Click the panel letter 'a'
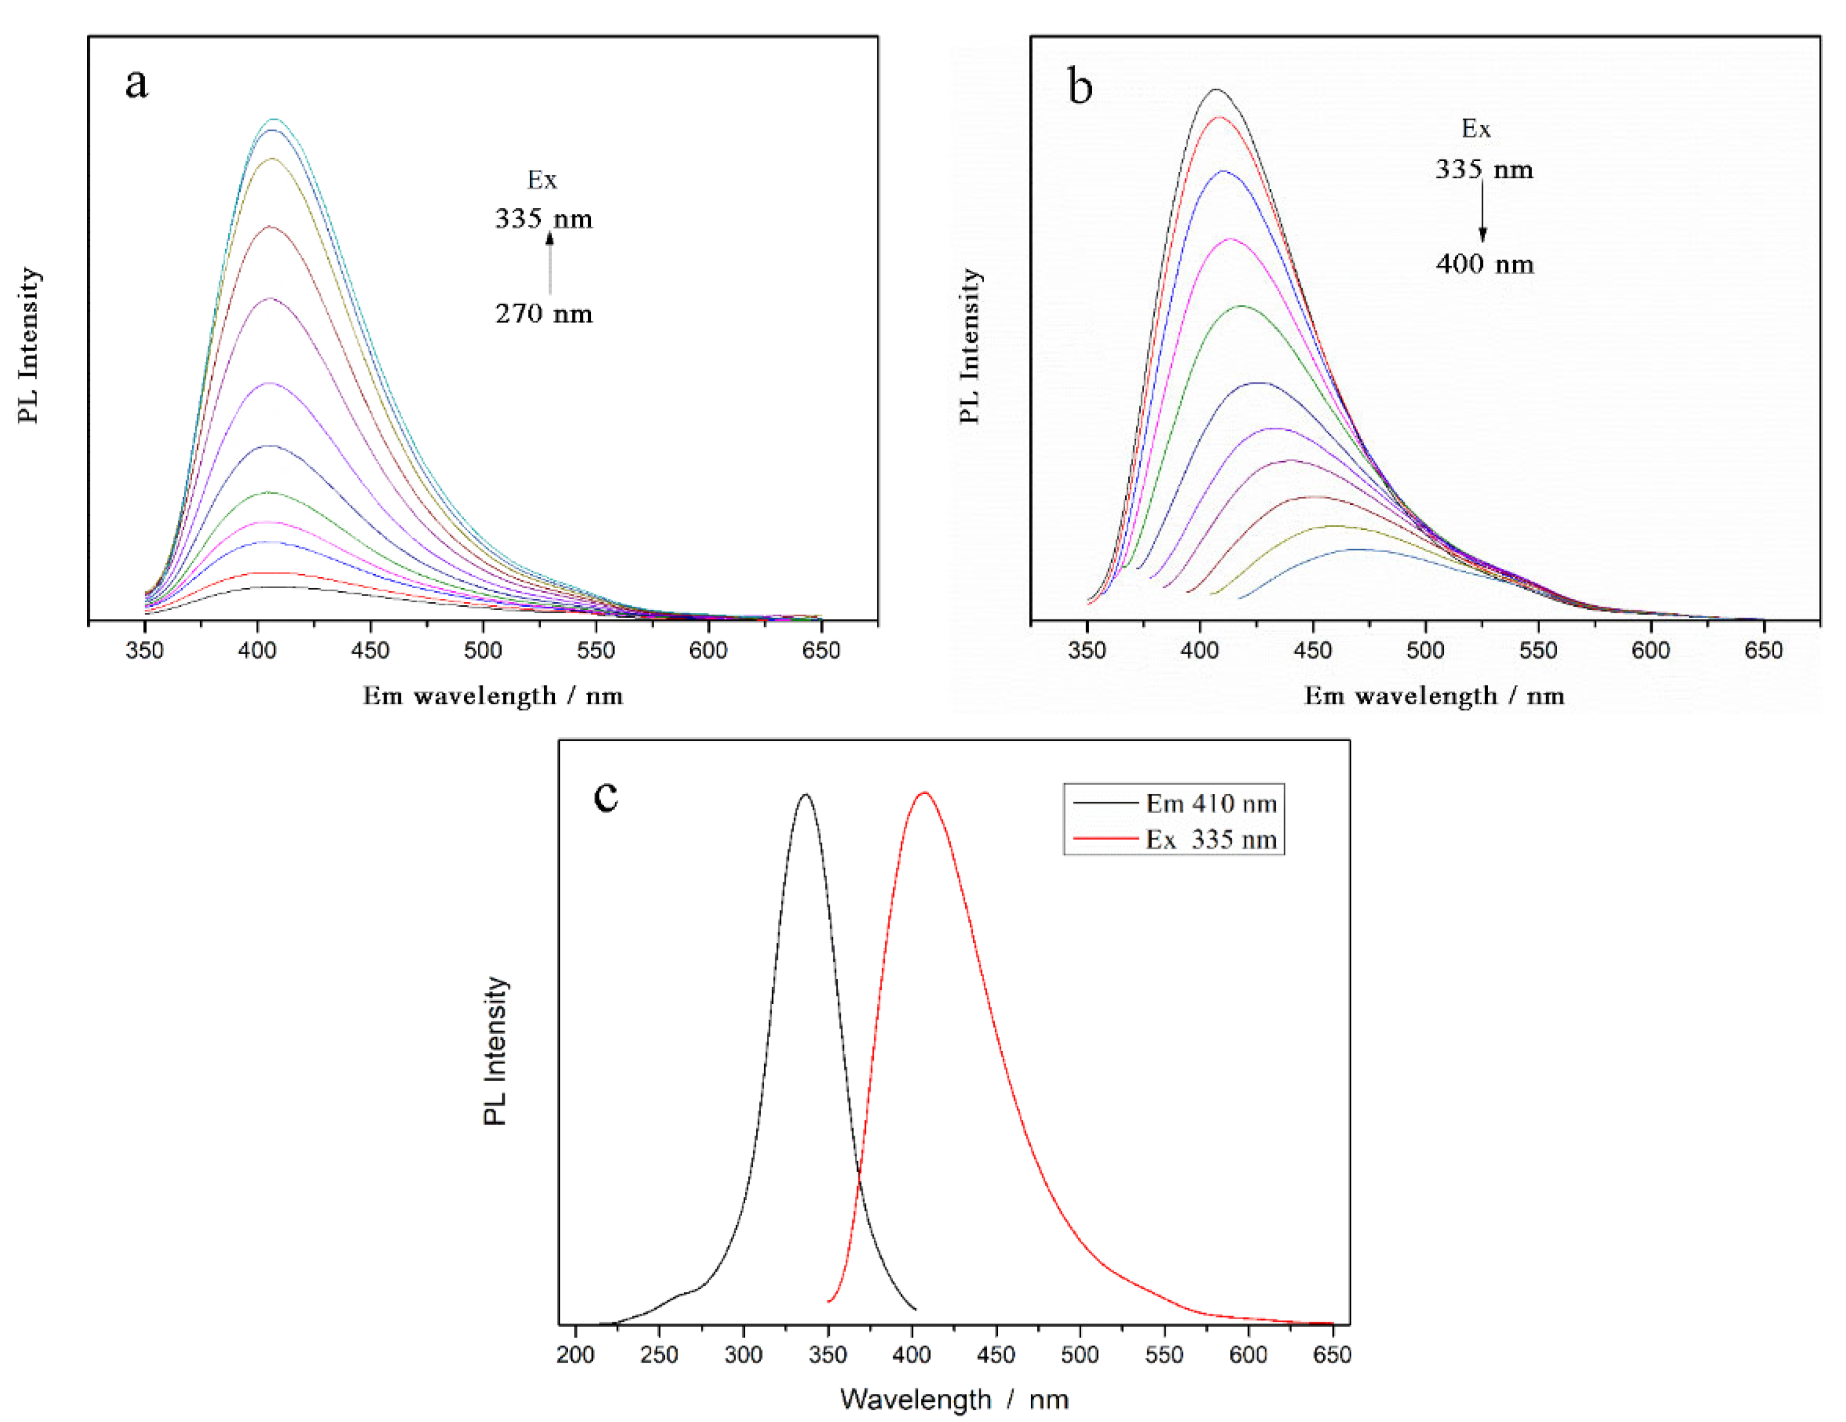136,83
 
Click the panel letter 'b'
1080,87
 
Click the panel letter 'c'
606,795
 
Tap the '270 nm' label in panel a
543,314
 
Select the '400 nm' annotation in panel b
1484,264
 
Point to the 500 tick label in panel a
483,651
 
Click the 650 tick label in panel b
1763,651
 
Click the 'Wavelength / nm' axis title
953,1399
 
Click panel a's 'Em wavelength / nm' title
493,696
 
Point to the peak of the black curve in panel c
805,795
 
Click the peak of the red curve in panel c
925,793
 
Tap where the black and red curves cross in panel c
859,1174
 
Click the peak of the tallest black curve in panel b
1216,89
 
